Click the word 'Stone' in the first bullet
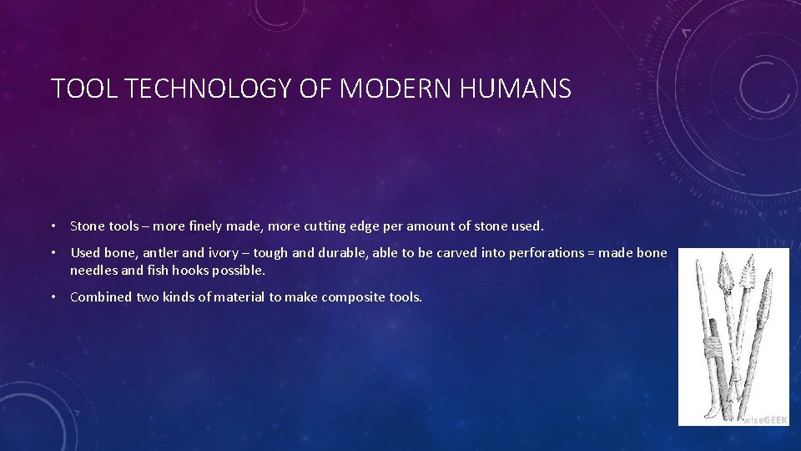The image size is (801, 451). tap(87, 225)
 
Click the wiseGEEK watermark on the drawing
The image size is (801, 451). tap(764, 418)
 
